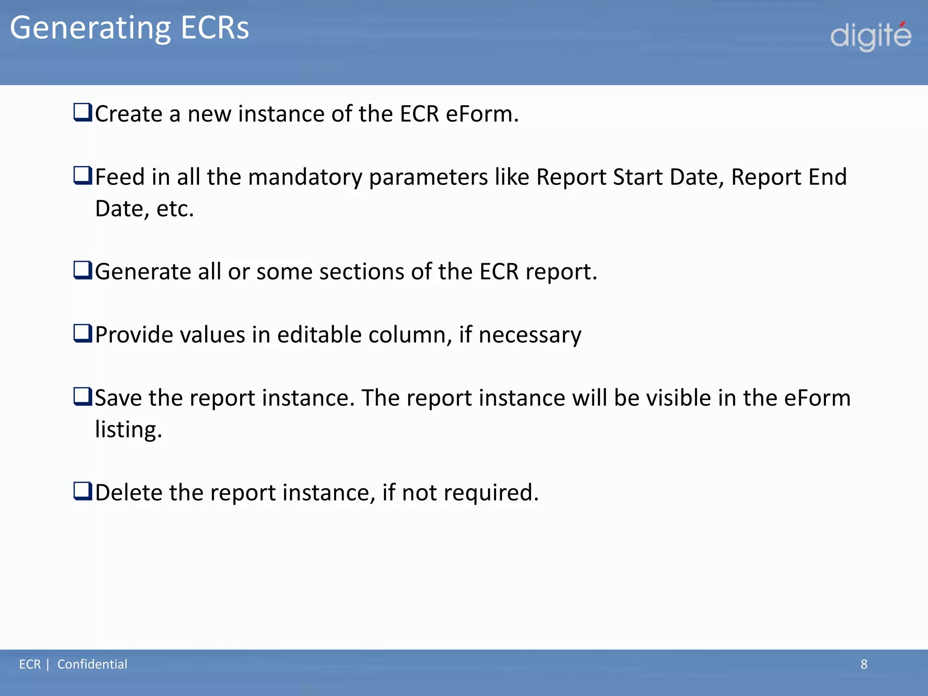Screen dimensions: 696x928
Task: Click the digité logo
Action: pos(870,36)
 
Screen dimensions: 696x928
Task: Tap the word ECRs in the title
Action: pos(215,28)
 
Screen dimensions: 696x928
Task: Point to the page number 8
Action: pos(864,664)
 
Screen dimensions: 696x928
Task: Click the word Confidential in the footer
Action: pos(92,664)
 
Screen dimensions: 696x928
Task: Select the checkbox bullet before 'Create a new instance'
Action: pos(82,112)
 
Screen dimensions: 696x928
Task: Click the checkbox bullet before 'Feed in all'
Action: pos(82,175)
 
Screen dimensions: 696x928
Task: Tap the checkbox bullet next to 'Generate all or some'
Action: pos(82,270)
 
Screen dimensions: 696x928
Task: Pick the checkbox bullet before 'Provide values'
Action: pos(82,333)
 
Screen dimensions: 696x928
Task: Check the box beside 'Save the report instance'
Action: pos(82,396)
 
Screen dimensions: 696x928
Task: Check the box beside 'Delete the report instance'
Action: pos(82,491)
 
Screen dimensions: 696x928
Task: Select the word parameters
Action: pos(428,177)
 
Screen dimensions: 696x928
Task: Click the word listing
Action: pos(128,430)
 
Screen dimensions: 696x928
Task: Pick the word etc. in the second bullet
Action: pos(175,209)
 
